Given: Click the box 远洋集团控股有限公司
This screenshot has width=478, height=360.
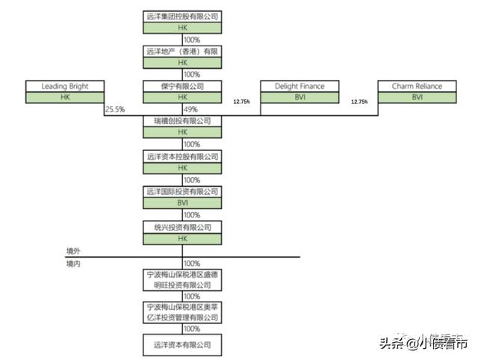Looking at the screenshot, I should point(182,16).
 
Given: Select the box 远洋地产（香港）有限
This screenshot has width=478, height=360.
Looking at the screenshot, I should point(182,51).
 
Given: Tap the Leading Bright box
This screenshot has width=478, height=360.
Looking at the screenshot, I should point(65,87).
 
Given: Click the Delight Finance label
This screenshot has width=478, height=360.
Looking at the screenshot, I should point(299,87).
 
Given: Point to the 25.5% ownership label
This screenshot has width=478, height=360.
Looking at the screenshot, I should point(115,110).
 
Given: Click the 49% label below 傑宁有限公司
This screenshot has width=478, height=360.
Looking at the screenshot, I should point(191,110).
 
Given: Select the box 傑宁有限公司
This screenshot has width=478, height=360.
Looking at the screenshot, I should point(182,87).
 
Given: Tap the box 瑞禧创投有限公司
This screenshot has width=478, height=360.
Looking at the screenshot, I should point(182,121).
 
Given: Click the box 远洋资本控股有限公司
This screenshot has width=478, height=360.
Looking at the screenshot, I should point(182,157).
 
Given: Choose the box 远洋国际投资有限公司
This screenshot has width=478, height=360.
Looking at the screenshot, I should point(182,192).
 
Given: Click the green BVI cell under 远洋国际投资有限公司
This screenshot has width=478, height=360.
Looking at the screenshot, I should point(182,202).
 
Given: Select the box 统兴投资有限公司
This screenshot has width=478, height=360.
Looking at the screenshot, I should point(182,227).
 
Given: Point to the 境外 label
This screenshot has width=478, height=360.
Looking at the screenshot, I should point(72,252).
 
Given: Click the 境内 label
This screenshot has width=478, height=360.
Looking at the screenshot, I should point(72,264).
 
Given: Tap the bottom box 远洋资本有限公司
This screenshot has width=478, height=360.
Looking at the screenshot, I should point(182,345).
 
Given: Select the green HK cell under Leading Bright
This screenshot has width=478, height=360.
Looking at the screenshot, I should point(65,97).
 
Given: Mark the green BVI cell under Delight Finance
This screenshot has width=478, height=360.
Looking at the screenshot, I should point(299,97).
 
